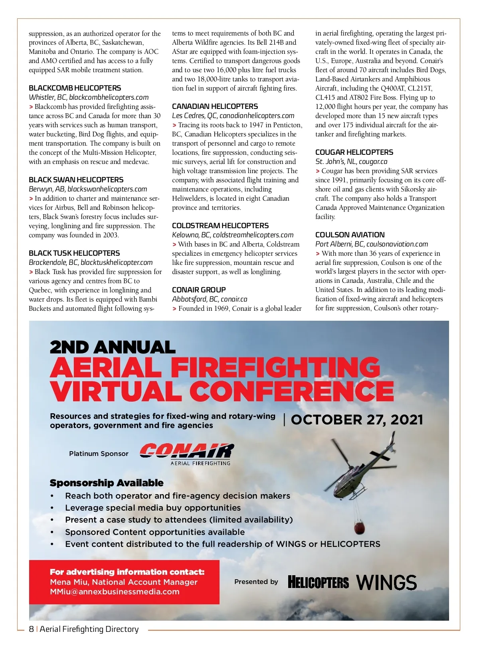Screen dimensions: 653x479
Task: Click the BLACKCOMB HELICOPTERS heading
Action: click(x=75, y=88)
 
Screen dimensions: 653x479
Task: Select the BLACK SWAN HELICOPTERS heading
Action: click(x=76, y=180)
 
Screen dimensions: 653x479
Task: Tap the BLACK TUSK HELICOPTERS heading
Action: click(x=74, y=253)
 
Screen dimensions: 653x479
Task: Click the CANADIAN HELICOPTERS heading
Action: click(x=215, y=107)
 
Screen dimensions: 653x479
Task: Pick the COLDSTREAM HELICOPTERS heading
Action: click(x=220, y=226)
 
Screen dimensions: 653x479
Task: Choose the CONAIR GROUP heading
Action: click(x=199, y=290)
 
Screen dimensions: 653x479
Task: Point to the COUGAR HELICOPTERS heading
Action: click(x=354, y=152)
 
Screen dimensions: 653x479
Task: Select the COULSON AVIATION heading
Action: click(x=350, y=235)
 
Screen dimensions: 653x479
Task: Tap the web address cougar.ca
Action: click(x=373, y=162)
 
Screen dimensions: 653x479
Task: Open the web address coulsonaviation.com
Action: click(x=397, y=244)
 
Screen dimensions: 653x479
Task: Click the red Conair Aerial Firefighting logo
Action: click(x=186, y=454)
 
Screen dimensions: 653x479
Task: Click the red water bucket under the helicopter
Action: click(x=359, y=528)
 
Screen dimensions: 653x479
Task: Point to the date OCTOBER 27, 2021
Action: click(x=357, y=420)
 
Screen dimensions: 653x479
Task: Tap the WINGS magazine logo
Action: click(x=386, y=582)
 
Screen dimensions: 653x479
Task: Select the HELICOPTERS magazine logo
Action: click(x=318, y=582)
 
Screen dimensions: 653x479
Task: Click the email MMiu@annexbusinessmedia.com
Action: click(x=115, y=592)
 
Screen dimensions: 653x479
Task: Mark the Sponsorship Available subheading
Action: click(x=107, y=483)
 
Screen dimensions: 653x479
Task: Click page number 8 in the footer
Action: click(x=31, y=629)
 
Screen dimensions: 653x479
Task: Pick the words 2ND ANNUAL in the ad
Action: click(x=113, y=347)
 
